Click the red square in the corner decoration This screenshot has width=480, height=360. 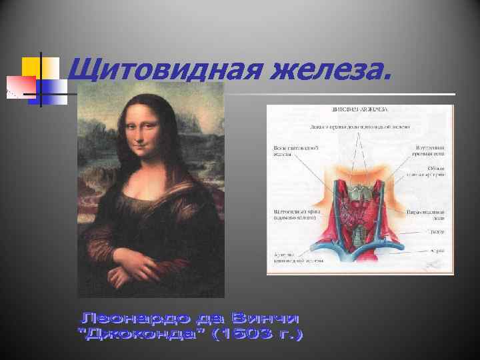[18, 85]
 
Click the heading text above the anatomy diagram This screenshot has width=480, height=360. [359, 111]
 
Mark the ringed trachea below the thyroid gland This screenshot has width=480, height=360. [360, 237]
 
